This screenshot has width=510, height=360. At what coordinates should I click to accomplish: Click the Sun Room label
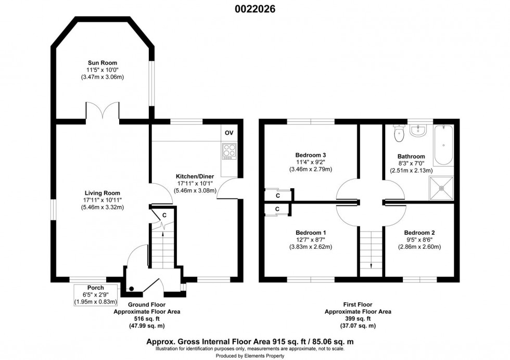pos(102,63)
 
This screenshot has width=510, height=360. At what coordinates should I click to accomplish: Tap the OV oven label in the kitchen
pos(228,133)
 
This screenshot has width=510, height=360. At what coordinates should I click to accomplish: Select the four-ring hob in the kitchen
pos(229,150)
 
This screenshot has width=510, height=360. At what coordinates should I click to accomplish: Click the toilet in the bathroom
pos(400,134)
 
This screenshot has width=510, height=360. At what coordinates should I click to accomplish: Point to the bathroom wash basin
pos(418,131)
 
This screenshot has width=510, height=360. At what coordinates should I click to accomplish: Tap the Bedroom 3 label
pos(310,155)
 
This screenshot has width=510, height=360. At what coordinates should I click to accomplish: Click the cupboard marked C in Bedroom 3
pos(278,195)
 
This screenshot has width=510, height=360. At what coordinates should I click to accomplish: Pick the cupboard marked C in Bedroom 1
pos(277,209)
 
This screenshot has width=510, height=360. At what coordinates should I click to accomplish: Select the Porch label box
pos(96,294)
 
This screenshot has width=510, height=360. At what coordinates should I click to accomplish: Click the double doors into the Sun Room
pos(103,110)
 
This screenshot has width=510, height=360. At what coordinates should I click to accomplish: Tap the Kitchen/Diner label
pos(192,176)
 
